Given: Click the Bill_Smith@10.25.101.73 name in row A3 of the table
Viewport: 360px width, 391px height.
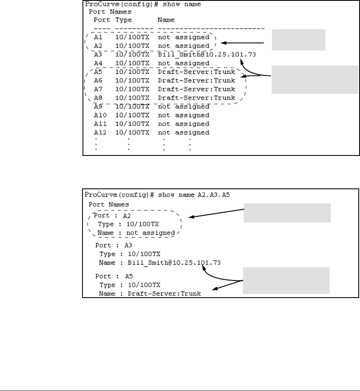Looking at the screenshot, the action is [x=206, y=54].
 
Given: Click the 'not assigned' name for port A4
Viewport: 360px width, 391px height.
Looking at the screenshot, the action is [x=183, y=63].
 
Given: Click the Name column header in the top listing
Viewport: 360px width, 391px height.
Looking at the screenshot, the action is [x=166, y=20].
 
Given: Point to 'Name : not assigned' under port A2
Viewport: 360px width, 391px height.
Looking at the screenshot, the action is [x=136, y=233].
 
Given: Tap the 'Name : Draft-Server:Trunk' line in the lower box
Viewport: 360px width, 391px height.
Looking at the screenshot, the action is [x=150, y=293].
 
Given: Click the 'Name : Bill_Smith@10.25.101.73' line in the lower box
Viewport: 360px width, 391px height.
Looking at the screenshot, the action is [x=160, y=263].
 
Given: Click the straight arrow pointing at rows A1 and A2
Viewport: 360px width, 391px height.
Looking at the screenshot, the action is [x=243, y=43].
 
